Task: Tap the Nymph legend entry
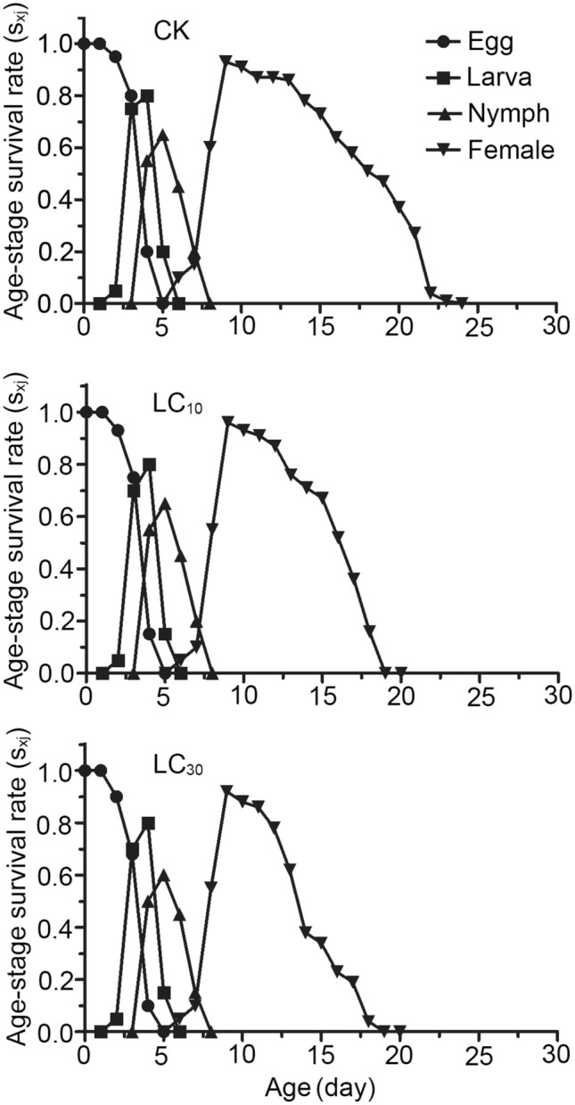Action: (x=495, y=114)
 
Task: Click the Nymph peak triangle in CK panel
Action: (x=162, y=136)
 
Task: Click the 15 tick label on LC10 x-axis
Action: (x=320, y=693)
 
